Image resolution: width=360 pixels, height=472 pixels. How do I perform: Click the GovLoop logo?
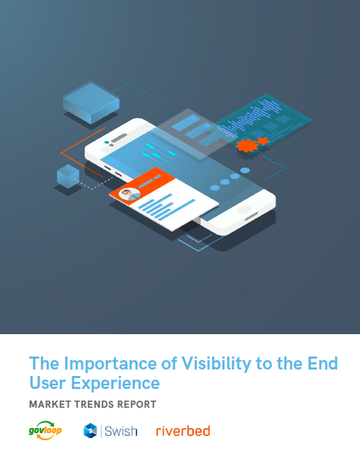(45, 430)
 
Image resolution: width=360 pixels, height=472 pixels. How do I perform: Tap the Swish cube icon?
(90, 430)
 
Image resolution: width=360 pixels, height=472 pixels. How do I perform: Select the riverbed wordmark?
(183, 431)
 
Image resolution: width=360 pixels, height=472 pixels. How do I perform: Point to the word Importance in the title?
(110, 364)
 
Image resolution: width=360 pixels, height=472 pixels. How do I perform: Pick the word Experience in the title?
(115, 383)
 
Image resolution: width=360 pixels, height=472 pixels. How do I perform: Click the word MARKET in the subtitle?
(50, 404)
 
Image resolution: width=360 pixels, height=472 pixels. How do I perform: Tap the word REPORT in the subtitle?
(136, 404)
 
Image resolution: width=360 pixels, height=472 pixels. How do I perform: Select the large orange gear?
(247, 146)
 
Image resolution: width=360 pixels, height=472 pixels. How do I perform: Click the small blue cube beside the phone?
(68, 176)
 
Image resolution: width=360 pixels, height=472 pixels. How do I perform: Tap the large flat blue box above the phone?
(91, 102)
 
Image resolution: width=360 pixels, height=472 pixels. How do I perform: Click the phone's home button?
(244, 209)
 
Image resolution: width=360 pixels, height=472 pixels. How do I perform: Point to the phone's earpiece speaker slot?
(119, 138)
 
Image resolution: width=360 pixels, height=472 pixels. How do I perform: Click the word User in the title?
(48, 383)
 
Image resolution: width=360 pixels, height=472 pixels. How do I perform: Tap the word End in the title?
(322, 364)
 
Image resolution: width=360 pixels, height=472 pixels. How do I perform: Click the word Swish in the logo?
(121, 431)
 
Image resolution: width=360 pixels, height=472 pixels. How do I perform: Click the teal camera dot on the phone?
(107, 142)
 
